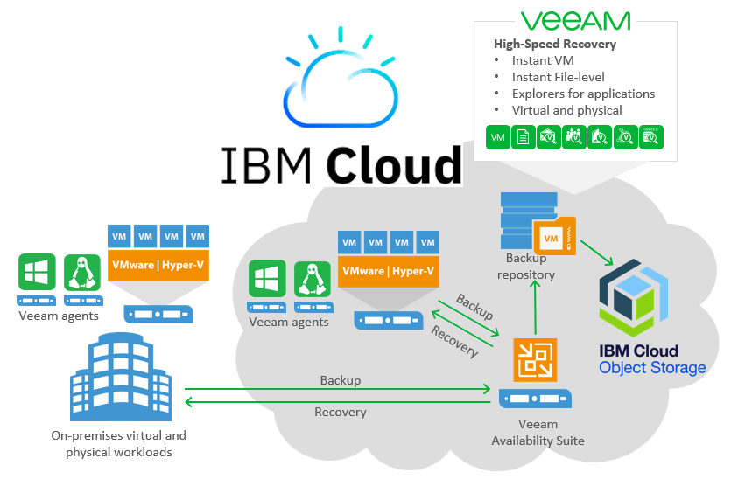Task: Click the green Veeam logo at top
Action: [x=574, y=21]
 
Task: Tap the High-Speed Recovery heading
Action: [x=554, y=44]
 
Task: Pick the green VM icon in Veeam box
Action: [x=498, y=137]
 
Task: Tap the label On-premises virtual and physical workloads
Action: [x=118, y=443]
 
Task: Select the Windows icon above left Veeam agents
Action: [x=37, y=272]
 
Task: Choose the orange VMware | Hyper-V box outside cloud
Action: [x=158, y=263]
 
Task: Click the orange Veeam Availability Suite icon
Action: [x=535, y=359]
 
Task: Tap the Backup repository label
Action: [x=525, y=266]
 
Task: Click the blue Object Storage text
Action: [x=652, y=368]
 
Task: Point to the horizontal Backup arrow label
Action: [x=340, y=380]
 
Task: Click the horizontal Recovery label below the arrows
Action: [x=340, y=412]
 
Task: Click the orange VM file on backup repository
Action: [x=552, y=236]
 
